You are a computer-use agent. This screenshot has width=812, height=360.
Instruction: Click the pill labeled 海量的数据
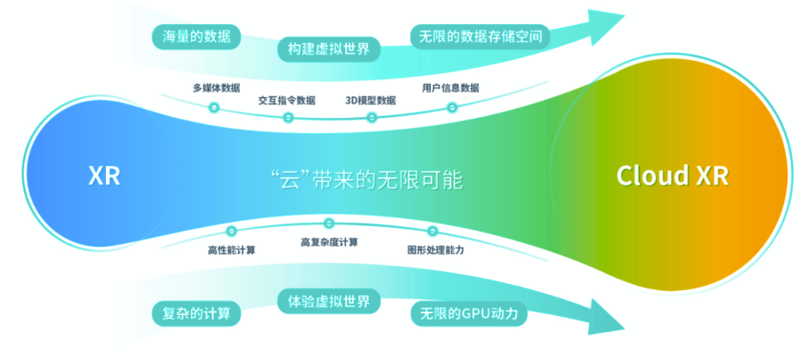click(196, 36)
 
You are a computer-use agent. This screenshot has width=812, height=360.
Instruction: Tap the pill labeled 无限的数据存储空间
click(480, 36)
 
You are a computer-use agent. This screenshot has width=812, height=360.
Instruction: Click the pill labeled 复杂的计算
click(196, 313)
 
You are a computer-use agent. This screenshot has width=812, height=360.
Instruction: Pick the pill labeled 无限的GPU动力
click(468, 313)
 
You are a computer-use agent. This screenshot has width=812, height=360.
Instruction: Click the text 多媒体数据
click(217, 88)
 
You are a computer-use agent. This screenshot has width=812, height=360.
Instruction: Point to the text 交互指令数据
click(286, 100)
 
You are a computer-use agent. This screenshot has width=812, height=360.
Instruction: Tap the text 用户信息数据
click(450, 88)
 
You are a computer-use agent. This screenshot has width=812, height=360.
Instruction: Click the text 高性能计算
click(231, 250)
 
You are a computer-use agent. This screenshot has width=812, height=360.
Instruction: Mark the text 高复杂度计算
click(329, 242)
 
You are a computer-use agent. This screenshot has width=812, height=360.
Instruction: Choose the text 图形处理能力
click(435, 250)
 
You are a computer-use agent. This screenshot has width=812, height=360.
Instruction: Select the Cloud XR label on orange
click(672, 176)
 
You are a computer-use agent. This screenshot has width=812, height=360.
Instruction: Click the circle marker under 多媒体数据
click(214, 107)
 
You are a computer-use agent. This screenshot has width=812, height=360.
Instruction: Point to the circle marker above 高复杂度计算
click(329, 223)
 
